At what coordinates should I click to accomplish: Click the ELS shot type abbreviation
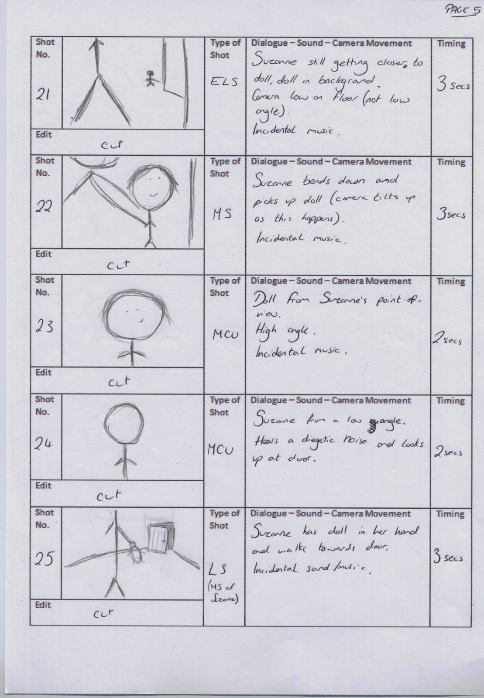click(223, 82)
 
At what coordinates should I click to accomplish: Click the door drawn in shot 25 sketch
click(158, 539)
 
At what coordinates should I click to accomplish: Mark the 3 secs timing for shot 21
click(452, 86)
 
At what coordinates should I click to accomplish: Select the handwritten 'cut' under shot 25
click(104, 613)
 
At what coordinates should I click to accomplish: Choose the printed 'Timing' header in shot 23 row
click(451, 281)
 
